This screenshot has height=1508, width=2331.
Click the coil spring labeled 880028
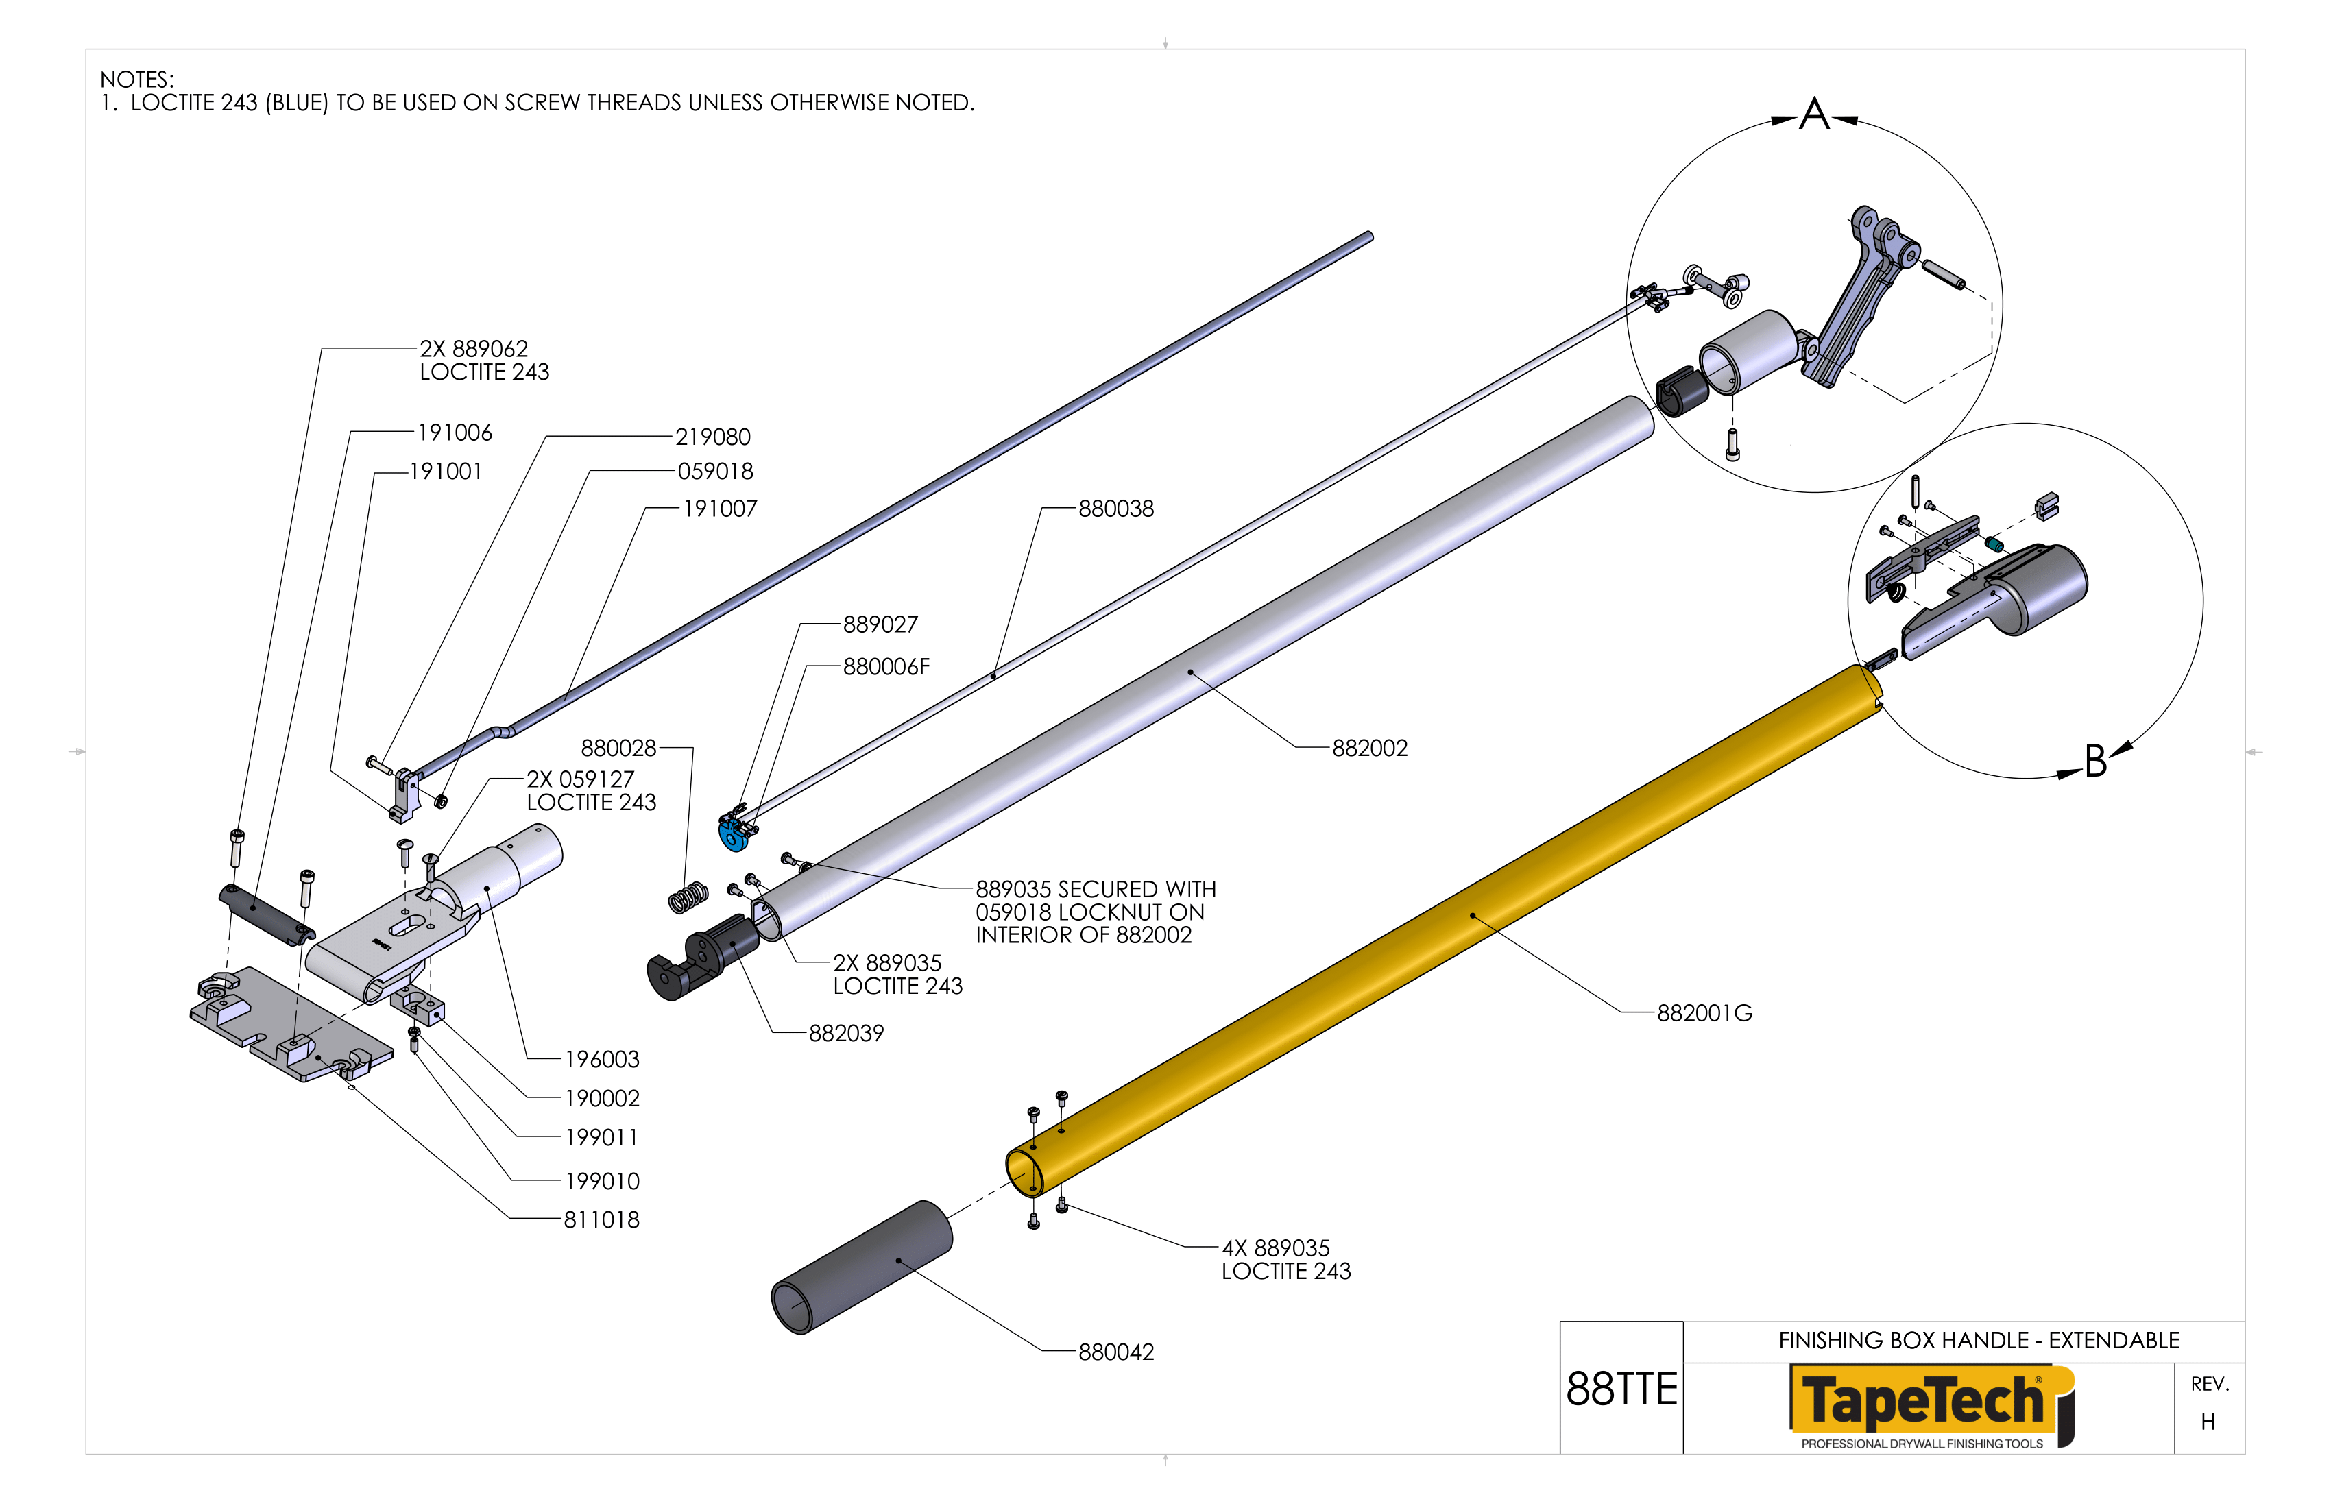(x=688, y=896)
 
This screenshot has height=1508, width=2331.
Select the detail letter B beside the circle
(x=2095, y=761)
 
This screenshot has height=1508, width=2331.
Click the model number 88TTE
(x=1621, y=1389)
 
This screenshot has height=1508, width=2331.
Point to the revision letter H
(x=2208, y=1421)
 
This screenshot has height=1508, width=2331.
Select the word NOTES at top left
(x=136, y=80)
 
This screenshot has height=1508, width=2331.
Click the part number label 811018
(x=601, y=1219)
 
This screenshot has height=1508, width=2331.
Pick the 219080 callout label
(x=713, y=437)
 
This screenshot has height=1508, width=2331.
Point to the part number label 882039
(x=845, y=1033)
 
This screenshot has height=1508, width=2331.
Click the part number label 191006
(x=455, y=433)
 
